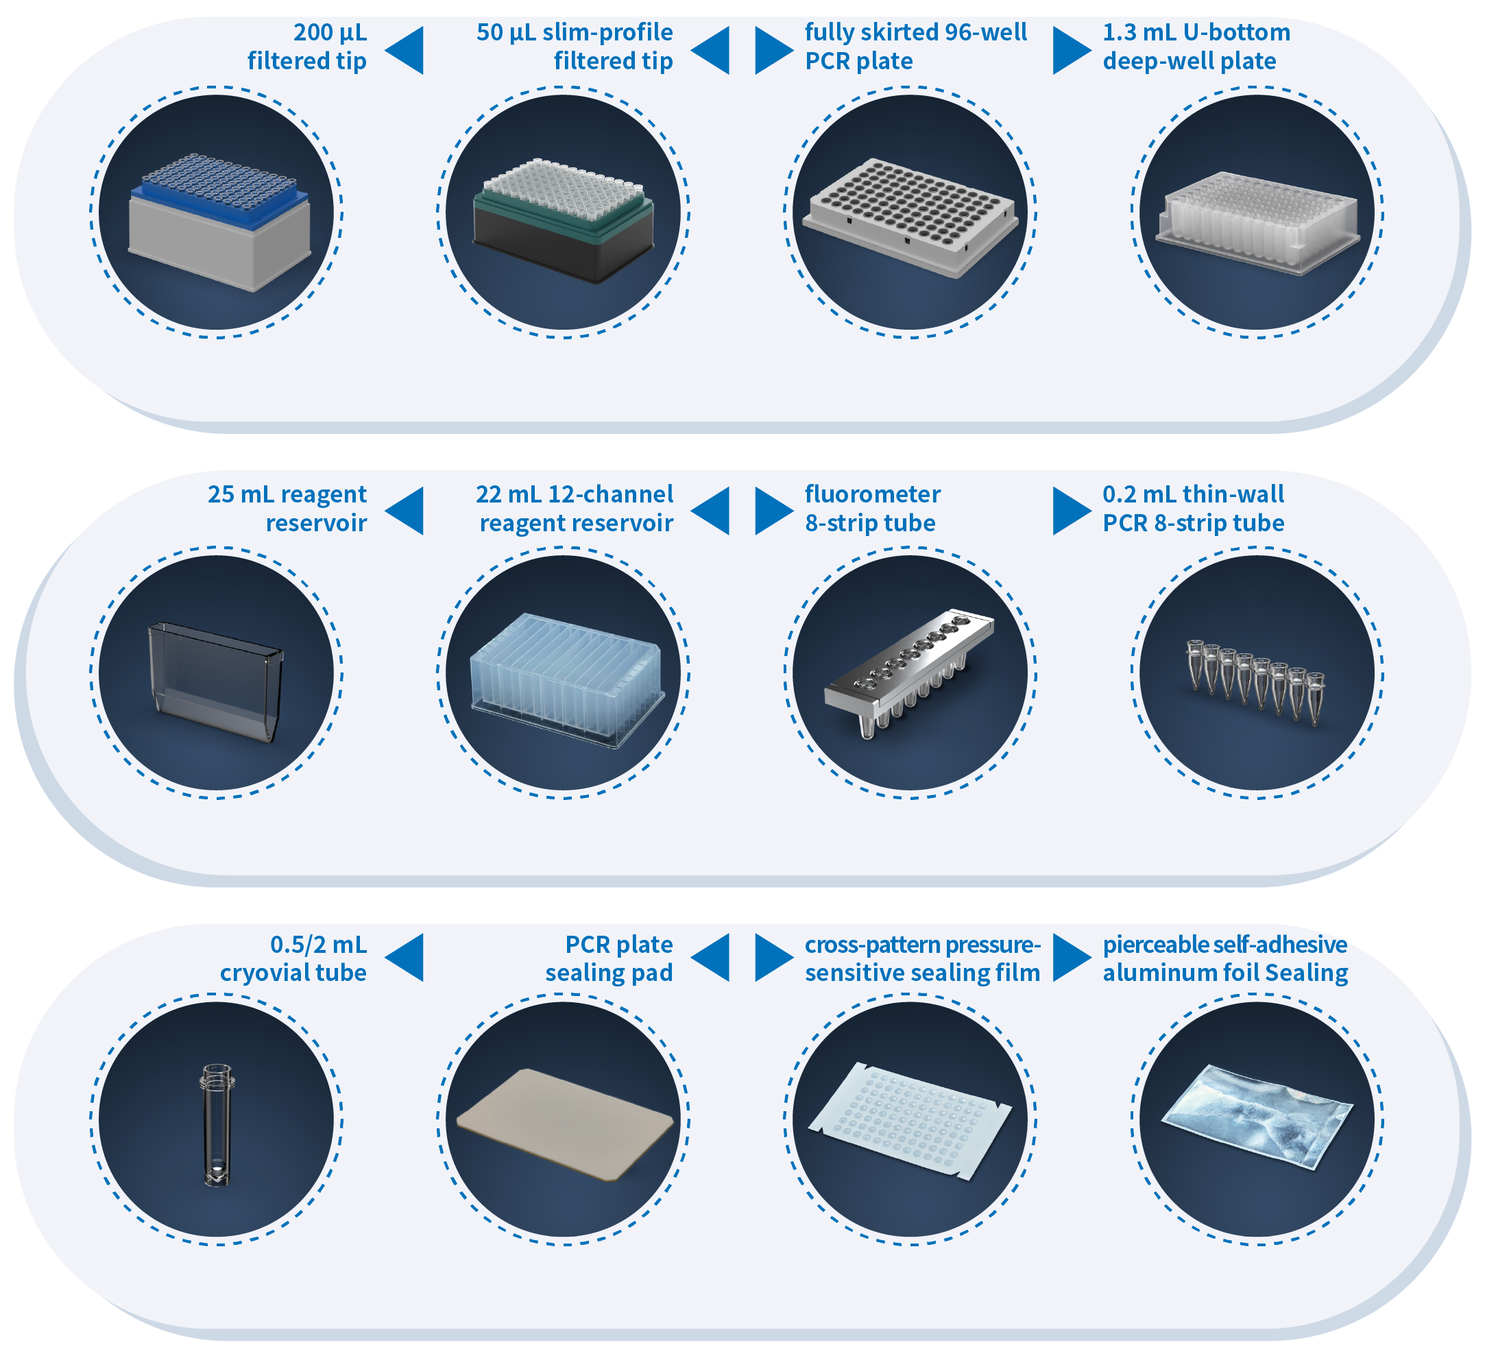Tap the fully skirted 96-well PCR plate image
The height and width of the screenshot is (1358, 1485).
[910, 218]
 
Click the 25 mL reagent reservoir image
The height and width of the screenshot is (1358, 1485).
[215, 681]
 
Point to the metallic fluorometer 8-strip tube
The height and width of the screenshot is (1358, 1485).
[910, 674]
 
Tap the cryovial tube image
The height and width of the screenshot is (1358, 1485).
[217, 1124]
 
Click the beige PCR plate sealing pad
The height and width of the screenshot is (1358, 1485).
[565, 1124]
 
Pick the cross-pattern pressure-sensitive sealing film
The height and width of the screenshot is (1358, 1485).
[910, 1120]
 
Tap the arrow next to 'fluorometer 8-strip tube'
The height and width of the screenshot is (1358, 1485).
[774, 510]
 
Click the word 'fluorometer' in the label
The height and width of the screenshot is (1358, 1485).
[873, 494]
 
